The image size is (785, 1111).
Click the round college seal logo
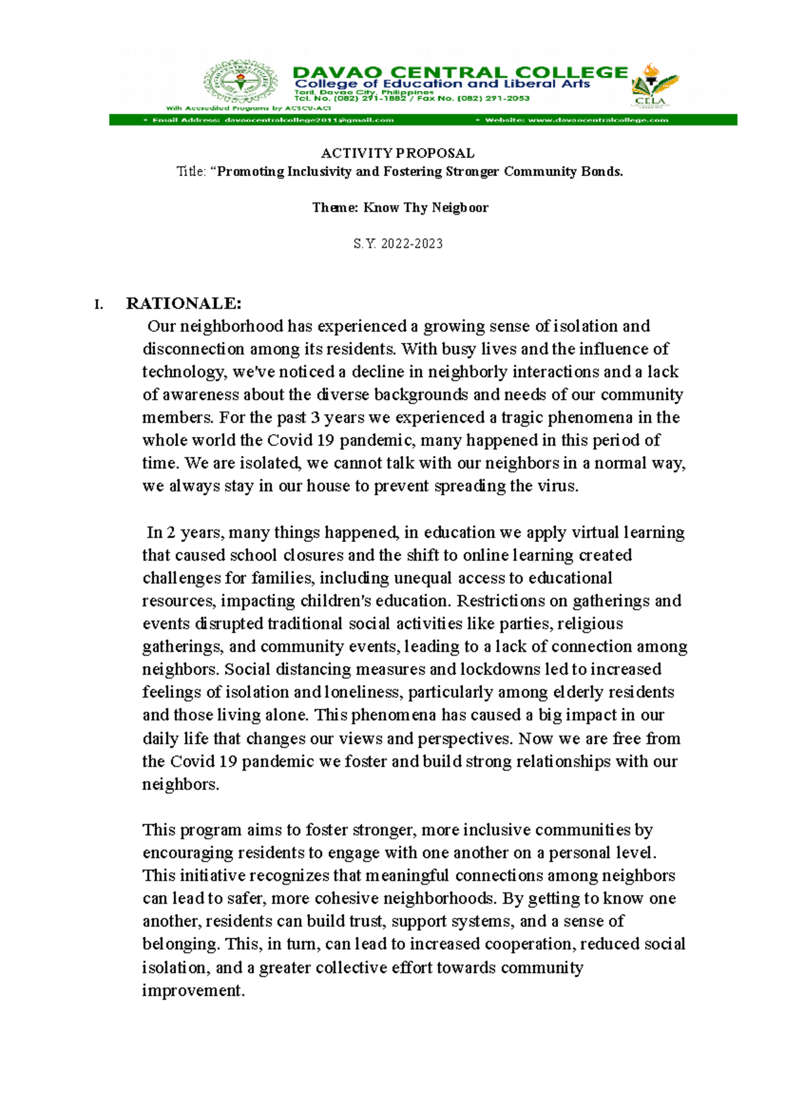241,82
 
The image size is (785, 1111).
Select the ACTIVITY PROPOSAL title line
398,153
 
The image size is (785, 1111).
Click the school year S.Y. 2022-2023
398,243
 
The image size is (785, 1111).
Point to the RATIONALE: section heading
184,303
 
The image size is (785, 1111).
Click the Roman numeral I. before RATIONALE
99,304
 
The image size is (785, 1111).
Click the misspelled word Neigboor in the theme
460,207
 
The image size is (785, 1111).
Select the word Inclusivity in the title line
319,171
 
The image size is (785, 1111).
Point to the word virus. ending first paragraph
557,486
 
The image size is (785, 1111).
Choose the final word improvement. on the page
194,990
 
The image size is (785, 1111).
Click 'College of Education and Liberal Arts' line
442,84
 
